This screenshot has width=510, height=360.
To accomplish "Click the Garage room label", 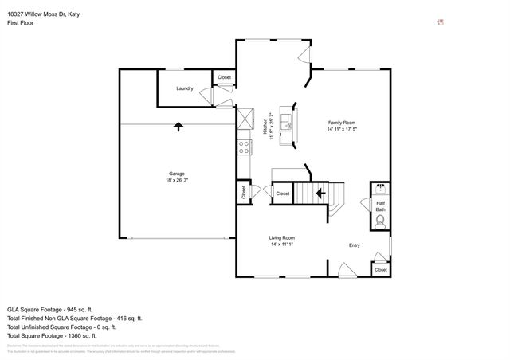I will tap(176, 174).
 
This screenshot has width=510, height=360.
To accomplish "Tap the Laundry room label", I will tap(185, 88).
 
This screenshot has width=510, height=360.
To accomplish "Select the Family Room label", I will tap(341, 123).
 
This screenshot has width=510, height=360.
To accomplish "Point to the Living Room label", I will tap(281, 237).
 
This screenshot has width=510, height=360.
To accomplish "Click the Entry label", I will tap(355, 245).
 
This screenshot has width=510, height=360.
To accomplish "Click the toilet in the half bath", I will tap(380, 221).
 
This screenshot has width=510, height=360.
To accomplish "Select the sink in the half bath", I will tap(380, 190).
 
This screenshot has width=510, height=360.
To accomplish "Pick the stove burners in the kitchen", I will tap(245, 146).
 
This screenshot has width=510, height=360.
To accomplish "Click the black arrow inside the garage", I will tap(177, 125).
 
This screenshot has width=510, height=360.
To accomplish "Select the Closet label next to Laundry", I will tap(225, 77).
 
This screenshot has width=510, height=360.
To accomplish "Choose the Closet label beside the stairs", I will tap(282, 193).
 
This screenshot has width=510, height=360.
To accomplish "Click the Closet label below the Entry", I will tap(380, 270).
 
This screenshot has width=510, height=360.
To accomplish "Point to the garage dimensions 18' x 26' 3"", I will tap(176, 181).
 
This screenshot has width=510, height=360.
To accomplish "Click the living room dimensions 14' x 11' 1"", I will tap(281, 245).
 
